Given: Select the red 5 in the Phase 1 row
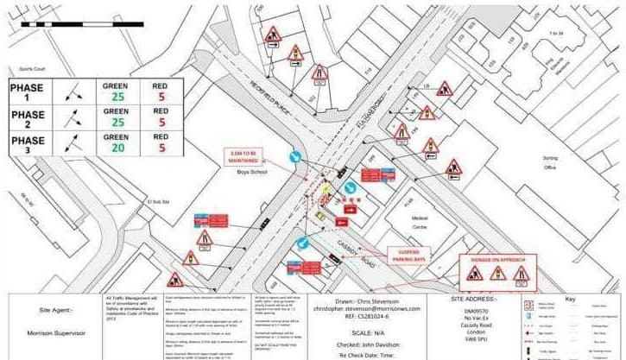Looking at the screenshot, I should click(x=160, y=98).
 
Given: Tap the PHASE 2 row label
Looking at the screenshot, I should click(x=28, y=120).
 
